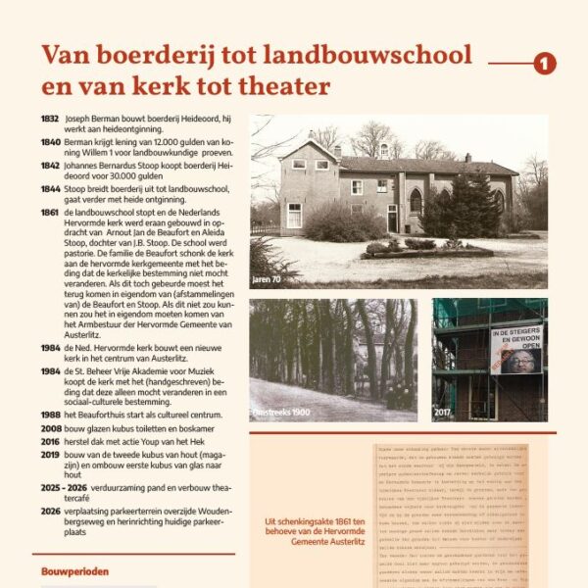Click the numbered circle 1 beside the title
click(545, 64)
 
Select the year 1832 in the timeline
click(50, 118)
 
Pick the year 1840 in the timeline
click(50, 140)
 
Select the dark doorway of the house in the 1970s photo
click(392, 218)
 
